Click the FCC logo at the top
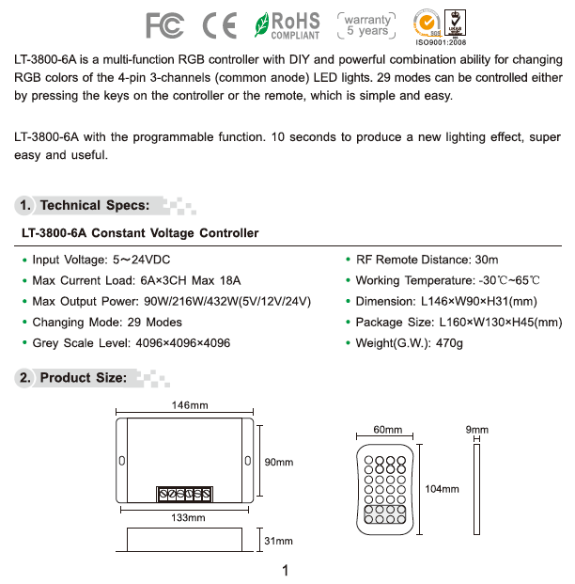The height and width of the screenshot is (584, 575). pyautogui.click(x=164, y=25)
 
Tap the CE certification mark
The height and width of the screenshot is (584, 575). pyautogui.click(x=220, y=25)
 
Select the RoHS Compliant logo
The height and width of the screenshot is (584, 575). pyautogui.click(x=287, y=25)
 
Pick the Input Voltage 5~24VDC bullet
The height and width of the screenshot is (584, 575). pyautogui.click(x=101, y=260)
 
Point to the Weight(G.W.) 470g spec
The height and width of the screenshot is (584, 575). pyautogui.click(x=409, y=343)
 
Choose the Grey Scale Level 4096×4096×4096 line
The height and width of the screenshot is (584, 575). pyautogui.click(x=131, y=343)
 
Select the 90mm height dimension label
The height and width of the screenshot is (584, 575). pyautogui.click(x=279, y=462)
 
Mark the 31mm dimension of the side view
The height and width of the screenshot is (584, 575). pyautogui.click(x=279, y=542)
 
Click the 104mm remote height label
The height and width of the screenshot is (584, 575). pyautogui.click(x=442, y=489)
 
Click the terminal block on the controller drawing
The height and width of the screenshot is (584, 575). pyautogui.click(x=184, y=495)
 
